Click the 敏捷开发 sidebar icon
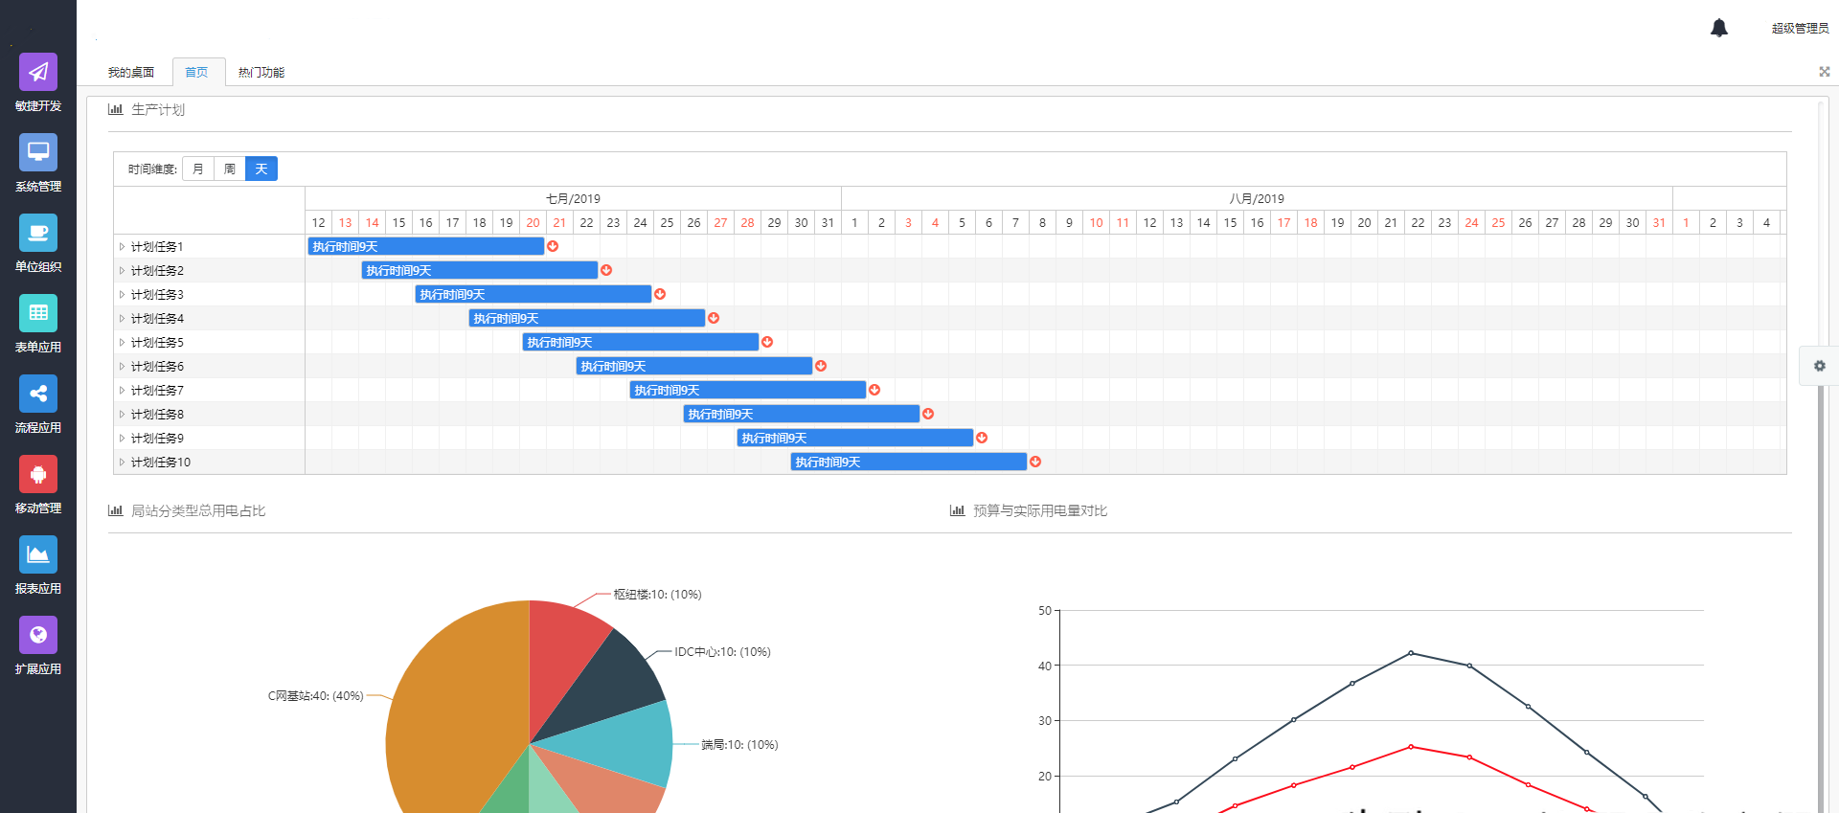coord(38,72)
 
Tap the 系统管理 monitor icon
coord(38,152)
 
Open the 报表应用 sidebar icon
coord(38,554)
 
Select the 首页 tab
coord(196,73)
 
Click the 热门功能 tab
coord(261,73)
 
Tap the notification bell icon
coord(1719,28)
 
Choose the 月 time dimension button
coord(198,169)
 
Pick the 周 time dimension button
coord(230,169)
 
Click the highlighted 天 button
coord(261,169)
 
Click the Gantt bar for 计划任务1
coord(426,246)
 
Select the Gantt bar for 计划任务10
coord(909,462)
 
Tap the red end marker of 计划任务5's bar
coord(767,342)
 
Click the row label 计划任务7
coord(157,391)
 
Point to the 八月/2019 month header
coord(1257,199)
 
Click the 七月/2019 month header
coord(573,199)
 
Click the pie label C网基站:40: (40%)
coord(315,696)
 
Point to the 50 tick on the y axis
coord(1045,611)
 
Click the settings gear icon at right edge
coord(1820,366)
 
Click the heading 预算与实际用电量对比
coord(1040,511)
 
